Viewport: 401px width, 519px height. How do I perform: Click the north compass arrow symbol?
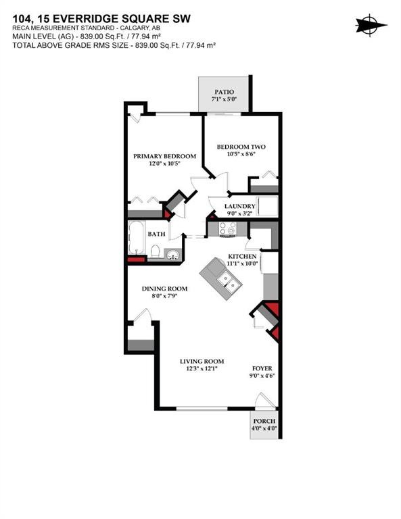[x=371, y=25]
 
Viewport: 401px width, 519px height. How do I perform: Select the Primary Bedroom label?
[x=164, y=156]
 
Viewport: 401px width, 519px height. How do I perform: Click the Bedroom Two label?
[x=240, y=147]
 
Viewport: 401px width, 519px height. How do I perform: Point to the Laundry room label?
[x=240, y=206]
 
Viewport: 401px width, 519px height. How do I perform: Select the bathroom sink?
[x=174, y=255]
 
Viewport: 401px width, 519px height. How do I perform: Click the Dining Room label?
[x=164, y=289]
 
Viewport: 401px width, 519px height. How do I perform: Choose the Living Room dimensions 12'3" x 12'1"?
[x=202, y=370]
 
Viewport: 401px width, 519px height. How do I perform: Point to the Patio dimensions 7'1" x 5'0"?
[x=224, y=99]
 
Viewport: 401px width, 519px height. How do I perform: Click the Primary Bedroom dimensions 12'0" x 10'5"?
[x=164, y=164]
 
